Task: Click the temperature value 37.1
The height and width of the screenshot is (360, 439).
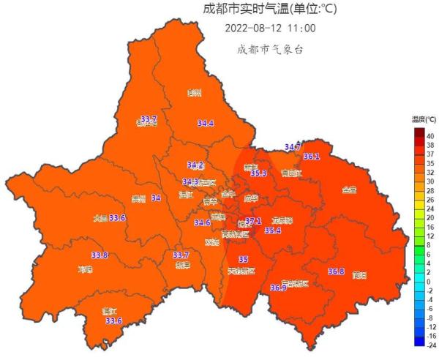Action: coord(253,221)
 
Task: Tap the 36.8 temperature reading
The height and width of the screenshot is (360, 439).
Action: coord(336,271)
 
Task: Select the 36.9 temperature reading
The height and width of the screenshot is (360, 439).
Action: coord(278,288)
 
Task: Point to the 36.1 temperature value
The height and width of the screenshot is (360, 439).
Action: coord(312,157)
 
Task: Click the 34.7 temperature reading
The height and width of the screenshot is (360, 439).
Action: coord(293,147)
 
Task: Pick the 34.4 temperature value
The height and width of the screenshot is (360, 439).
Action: coord(206,124)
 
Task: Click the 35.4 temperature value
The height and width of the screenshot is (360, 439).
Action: coord(272,230)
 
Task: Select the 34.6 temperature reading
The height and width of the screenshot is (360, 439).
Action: coord(203,222)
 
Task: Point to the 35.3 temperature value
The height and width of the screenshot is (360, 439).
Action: coord(258,173)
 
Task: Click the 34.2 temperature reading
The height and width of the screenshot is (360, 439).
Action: coord(195,165)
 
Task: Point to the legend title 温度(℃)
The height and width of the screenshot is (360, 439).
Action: coord(424,119)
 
